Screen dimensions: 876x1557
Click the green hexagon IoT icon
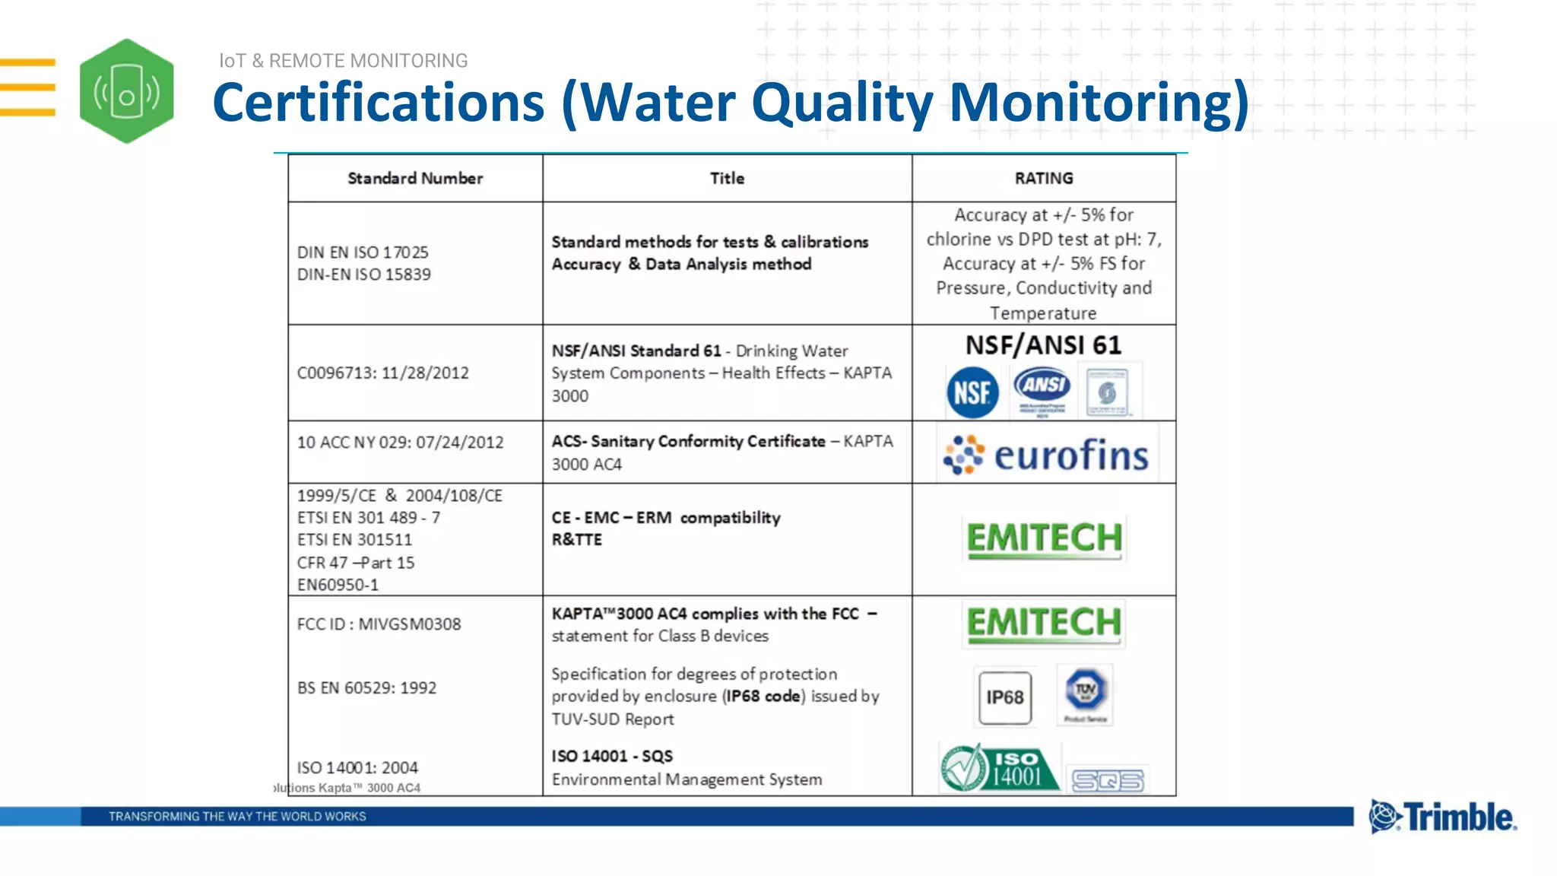126,91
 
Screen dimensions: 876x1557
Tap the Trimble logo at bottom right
1442,817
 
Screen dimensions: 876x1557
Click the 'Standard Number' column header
415,178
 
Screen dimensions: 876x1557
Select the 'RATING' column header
1044,178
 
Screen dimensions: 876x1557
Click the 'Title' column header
727,178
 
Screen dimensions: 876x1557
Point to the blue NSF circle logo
972,392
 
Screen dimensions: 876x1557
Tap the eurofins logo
1046,455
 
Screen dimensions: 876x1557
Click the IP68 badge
1005,697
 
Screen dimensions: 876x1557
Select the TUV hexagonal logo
1085,691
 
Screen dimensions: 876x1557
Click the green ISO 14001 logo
999,769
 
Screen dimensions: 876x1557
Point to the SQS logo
1108,780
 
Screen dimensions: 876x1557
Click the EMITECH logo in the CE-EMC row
1044,538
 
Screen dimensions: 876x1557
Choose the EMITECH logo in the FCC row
1044,623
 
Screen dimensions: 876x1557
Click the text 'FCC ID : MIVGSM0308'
379,624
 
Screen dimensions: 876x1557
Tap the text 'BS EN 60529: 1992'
366,688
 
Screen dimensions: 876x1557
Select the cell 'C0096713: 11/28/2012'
382,373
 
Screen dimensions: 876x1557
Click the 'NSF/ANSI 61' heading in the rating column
1043,345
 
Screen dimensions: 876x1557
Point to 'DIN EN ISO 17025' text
363,252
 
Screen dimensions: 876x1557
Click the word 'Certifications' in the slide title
378,103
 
